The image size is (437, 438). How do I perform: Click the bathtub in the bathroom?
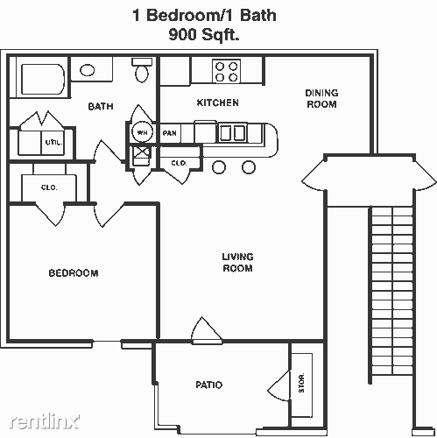(43, 79)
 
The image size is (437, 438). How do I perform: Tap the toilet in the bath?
(142, 70)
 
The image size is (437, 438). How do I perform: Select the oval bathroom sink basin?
(88, 70)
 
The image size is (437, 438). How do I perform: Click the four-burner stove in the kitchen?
(226, 71)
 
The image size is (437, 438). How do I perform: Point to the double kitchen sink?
(232, 133)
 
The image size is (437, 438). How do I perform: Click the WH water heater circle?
(142, 132)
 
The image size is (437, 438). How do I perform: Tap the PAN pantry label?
(170, 133)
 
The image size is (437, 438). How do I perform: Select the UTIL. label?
(53, 143)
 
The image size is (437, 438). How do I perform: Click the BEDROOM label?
(74, 273)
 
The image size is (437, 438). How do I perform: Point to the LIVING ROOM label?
(237, 263)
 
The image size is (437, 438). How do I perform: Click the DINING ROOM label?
(321, 99)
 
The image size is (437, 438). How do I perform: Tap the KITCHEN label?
(218, 102)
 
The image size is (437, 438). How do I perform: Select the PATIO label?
(209, 385)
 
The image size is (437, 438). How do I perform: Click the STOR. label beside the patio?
(301, 383)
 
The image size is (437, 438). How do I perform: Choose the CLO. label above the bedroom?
(49, 187)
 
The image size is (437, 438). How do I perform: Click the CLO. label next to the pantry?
(179, 163)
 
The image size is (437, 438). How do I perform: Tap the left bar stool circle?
(219, 167)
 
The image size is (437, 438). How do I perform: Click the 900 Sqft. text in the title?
(204, 35)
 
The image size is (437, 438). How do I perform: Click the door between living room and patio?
(207, 331)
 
